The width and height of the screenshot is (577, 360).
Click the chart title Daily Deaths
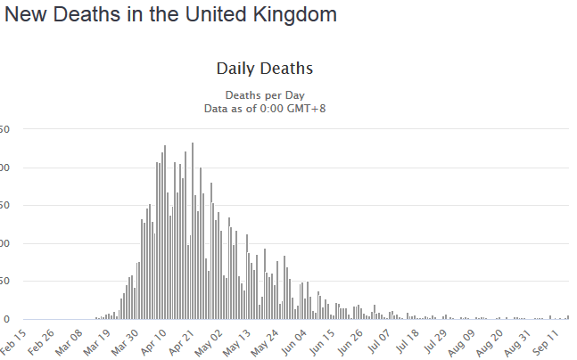(x=264, y=68)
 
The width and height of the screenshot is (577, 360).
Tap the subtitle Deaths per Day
(x=264, y=94)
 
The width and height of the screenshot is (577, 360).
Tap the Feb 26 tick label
(x=41, y=340)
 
